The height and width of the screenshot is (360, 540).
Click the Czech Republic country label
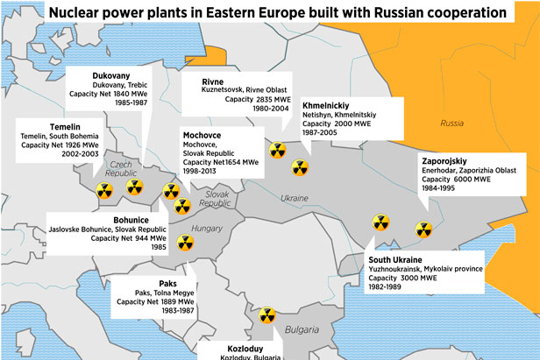(122, 168)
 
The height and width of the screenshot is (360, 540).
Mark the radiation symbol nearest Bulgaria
(266, 314)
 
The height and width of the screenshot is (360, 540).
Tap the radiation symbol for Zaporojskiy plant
(423, 229)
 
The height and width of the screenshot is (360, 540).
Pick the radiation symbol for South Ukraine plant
(380, 223)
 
